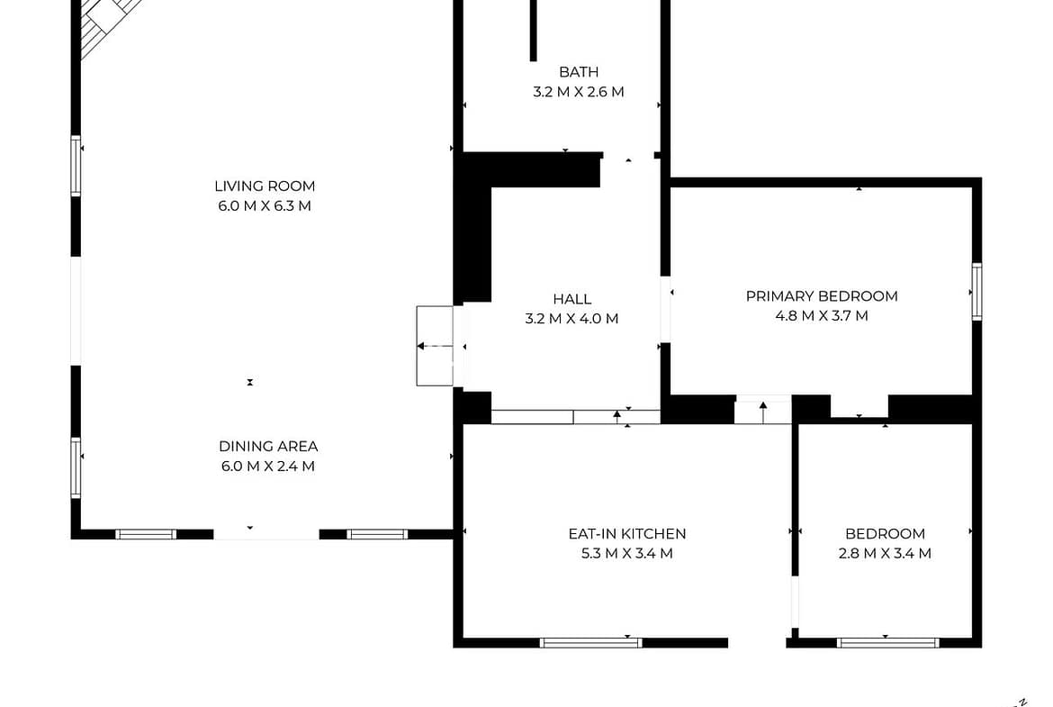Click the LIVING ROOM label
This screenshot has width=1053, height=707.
[265, 186]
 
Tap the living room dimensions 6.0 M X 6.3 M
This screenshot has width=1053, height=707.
[265, 205]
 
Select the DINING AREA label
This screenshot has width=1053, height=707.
[268, 446]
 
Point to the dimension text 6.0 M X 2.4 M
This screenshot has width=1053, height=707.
[268, 466]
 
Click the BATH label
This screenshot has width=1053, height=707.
[579, 72]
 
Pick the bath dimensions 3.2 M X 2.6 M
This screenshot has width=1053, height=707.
[579, 91]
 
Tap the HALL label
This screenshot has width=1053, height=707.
[572, 299]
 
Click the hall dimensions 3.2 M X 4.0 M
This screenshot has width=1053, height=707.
[572, 319]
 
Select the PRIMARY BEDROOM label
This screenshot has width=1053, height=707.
[822, 296]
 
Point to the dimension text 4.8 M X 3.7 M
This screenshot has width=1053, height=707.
[822, 316]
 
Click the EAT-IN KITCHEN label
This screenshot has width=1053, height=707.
[627, 533]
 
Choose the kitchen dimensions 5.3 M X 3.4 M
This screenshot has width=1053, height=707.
[627, 553]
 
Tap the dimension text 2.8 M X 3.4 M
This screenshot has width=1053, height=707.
[885, 553]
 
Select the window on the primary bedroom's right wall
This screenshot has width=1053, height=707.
[977, 292]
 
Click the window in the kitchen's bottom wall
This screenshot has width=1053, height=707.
[591, 643]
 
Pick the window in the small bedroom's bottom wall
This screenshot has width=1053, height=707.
[887, 643]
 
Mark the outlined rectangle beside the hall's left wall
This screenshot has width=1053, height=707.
[435, 346]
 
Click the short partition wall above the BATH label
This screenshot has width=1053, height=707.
[533, 31]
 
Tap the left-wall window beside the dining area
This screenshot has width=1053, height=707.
[76, 467]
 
